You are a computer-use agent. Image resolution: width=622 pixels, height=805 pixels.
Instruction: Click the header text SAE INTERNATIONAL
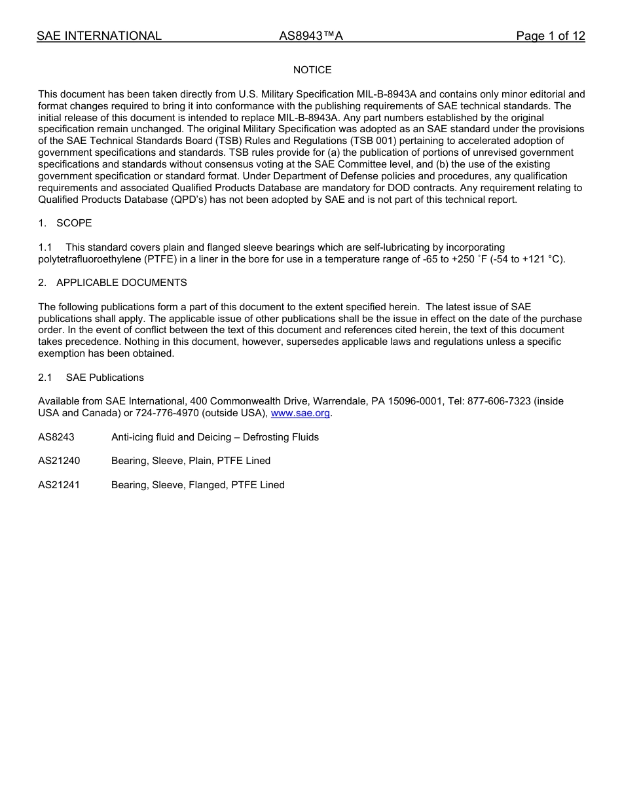[x=99, y=37]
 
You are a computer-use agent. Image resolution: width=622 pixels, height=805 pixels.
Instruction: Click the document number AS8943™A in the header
[x=311, y=37]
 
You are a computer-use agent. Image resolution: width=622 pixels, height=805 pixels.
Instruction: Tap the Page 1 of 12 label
[x=550, y=37]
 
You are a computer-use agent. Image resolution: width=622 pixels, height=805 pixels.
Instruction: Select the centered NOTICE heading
[x=312, y=70]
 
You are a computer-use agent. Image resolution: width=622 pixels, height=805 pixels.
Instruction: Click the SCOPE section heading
[x=74, y=223]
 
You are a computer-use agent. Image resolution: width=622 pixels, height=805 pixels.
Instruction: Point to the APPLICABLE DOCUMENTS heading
[x=121, y=283]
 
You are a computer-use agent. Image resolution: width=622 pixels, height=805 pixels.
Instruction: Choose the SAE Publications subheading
[x=105, y=378]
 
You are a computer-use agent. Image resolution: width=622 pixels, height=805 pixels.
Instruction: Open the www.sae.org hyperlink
[x=301, y=413]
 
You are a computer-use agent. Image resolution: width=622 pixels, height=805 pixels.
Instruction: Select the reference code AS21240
[x=59, y=461]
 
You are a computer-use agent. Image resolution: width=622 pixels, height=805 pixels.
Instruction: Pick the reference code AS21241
[x=59, y=485]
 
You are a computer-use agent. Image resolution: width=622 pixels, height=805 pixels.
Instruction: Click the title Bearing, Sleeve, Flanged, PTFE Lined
[x=198, y=485]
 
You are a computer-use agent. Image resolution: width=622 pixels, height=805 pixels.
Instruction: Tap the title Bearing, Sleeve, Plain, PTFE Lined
[x=191, y=461]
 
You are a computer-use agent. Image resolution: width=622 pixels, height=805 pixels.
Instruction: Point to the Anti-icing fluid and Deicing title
[x=215, y=437]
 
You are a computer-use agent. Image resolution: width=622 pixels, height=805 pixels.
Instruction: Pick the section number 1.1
[x=45, y=247]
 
